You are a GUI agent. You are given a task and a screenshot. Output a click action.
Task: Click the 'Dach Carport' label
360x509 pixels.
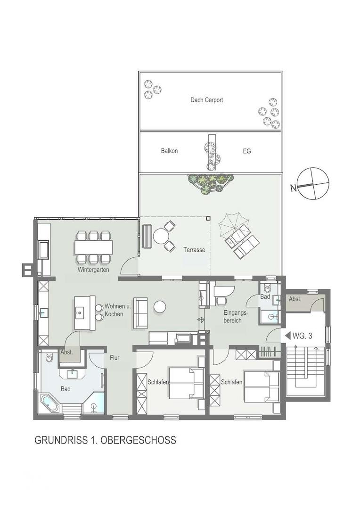click(x=206, y=100)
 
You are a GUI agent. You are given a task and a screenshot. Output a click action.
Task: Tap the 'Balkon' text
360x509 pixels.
click(x=169, y=151)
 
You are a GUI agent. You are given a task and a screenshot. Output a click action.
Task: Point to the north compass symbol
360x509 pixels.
click(x=313, y=184)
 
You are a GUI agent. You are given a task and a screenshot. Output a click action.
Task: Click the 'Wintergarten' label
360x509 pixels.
click(x=93, y=270)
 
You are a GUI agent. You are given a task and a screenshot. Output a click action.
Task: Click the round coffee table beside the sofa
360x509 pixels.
click(x=160, y=306)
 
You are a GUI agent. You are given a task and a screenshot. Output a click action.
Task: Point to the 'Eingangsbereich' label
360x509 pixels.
click(x=236, y=317)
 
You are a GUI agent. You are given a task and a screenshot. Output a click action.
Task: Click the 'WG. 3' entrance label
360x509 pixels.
click(x=302, y=336)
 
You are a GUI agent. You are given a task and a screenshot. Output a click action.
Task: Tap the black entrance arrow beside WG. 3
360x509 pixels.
click(x=287, y=336)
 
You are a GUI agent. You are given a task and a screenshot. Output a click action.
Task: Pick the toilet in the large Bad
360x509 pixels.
click(x=49, y=358)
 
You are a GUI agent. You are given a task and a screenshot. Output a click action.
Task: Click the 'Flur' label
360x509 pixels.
click(x=115, y=358)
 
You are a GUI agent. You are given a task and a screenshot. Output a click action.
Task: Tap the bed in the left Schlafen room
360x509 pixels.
click(x=186, y=383)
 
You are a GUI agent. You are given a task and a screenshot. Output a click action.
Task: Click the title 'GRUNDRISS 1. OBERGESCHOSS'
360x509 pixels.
click(x=105, y=440)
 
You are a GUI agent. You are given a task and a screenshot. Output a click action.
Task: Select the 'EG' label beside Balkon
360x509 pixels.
click(x=247, y=151)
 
